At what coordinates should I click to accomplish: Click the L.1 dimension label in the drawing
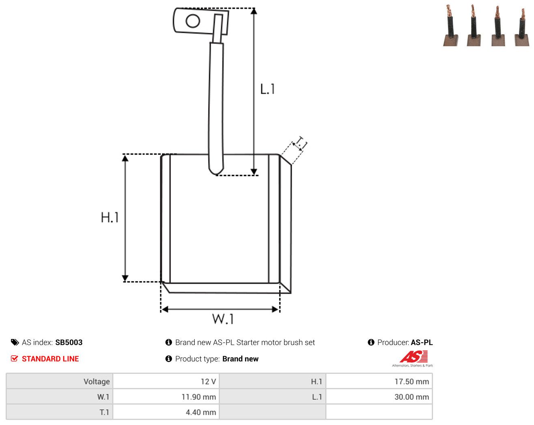pos(267,89)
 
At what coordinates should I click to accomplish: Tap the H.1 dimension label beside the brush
pos(110,217)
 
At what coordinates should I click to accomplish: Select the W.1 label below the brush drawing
pos(223,319)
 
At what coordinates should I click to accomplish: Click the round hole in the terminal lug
pos(193,21)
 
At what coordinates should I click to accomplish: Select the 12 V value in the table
pos(208,381)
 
